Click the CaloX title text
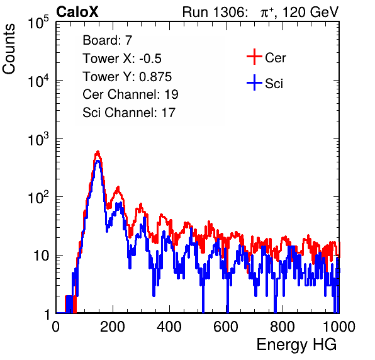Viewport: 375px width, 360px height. click(77, 12)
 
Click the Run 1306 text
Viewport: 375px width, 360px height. click(215, 12)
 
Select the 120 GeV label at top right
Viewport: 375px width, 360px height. click(310, 13)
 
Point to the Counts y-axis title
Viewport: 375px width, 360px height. click(9, 49)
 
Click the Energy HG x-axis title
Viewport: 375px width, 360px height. click(296, 345)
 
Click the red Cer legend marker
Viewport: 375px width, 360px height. click(254, 57)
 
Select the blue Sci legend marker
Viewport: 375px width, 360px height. click(254, 82)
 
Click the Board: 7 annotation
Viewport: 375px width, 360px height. click(107, 40)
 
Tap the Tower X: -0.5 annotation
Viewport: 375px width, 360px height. click(122, 59)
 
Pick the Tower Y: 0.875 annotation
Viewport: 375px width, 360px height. click(127, 77)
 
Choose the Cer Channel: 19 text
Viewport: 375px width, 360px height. click(130, 94)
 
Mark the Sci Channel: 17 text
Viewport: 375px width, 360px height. click(129, 113)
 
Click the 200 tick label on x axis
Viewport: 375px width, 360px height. click(113, 326)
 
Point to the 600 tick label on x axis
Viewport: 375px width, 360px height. click(226, 326)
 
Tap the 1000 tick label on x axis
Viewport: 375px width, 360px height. click(339, 326)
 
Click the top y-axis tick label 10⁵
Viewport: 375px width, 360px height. click(38, 23)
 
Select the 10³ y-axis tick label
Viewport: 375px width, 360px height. click(38, 139)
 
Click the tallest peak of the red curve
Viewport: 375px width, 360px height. click(98, 152)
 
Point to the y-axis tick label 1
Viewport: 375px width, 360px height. click(47, 314)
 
